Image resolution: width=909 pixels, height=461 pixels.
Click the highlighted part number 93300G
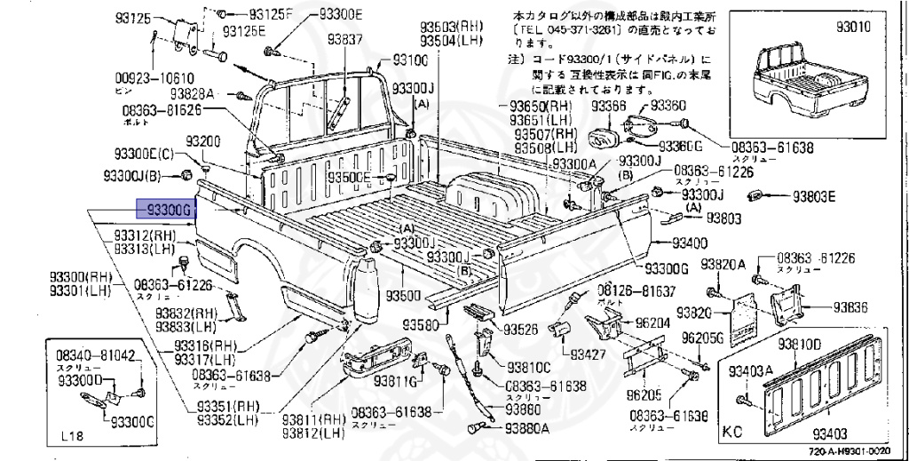point(163,209)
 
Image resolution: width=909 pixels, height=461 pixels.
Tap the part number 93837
point(345,39)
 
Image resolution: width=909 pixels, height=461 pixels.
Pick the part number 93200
point(202,142)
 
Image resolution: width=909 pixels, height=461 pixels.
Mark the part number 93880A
point(527,427)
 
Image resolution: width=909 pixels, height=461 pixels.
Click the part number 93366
point(609,106)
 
